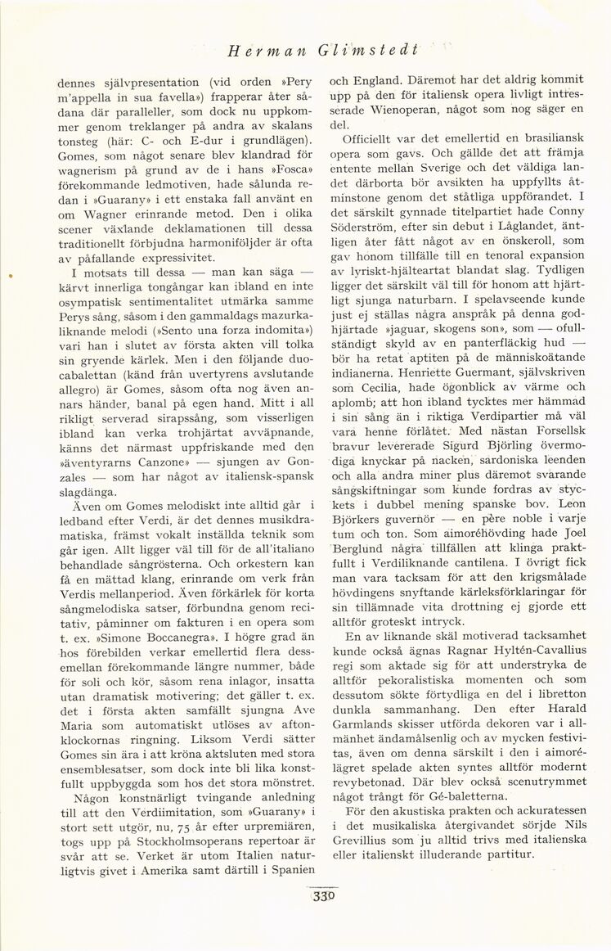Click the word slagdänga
89,491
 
